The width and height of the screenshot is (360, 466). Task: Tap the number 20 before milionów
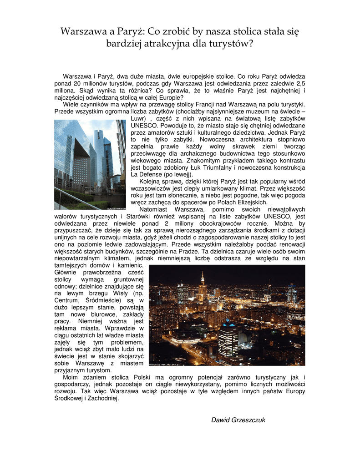point(77,84)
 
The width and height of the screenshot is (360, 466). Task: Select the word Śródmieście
point(103,300)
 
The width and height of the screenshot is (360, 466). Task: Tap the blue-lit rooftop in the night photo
point(227,324)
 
